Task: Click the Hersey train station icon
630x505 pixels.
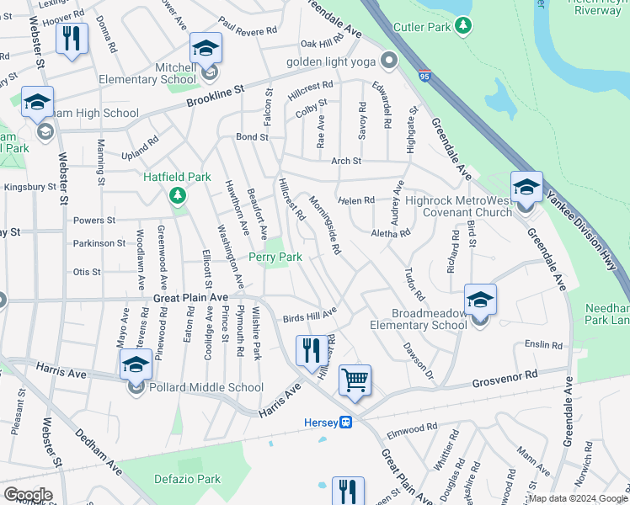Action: click(x=345, y=423)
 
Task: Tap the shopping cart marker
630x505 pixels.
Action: click(x=355, y=380)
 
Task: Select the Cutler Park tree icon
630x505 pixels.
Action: click(x=462, y=27)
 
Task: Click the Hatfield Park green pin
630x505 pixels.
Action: click(x=177, y=196)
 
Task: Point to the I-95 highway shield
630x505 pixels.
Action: click(x=423, y=77)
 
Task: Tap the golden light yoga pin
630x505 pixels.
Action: click(x=388, y=61)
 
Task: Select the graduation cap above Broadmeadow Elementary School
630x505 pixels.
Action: click(x=480, y=299)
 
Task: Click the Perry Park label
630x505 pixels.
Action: click(x=275, y=257)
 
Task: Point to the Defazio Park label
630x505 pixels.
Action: click(x=187, y=479)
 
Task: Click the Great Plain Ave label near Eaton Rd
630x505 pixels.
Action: click(x=190, y=298)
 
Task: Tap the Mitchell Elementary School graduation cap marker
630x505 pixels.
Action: click(x=205, y=49)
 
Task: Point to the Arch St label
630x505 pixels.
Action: click(x=345, y=161)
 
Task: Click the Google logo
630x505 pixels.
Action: click(x=27, y=495)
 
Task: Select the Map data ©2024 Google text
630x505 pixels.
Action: click(x=578, y=498)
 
